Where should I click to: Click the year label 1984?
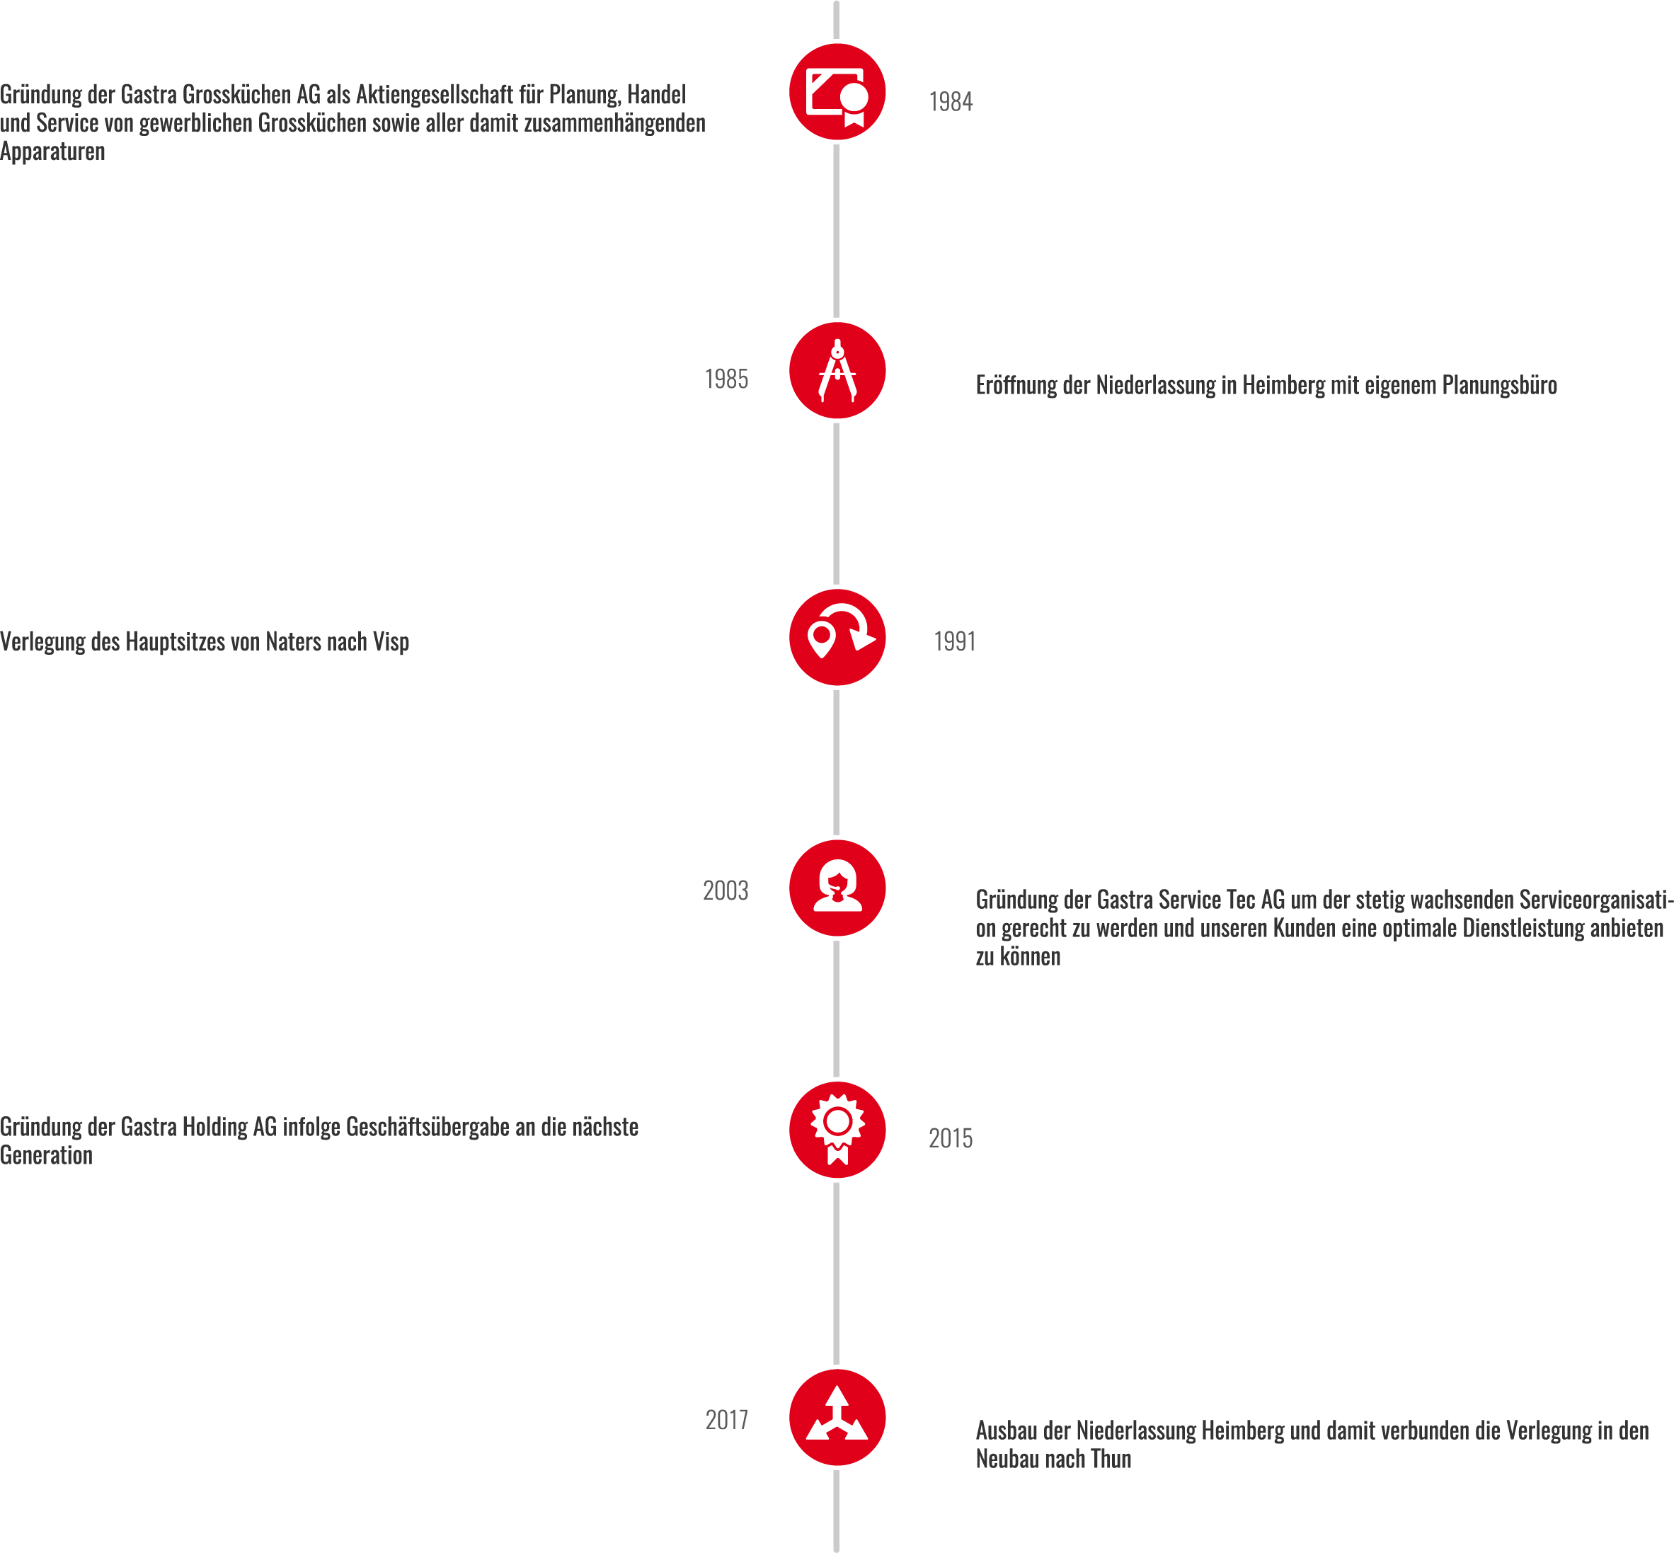point(951,102)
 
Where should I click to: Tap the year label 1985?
point(726,380)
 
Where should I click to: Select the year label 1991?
point(955,642)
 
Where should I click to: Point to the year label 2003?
point(726,890)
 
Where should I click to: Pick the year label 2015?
point(951,1139)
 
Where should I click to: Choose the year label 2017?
point(726,1420)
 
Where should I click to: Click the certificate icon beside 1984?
point(837,93)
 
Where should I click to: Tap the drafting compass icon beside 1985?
point(837,371)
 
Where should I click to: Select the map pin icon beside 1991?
point(837,638)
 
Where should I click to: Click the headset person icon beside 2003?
point(837,888)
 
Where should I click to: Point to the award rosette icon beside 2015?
point(837,1130)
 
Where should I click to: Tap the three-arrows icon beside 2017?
point(837,1419)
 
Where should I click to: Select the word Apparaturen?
point(53,152)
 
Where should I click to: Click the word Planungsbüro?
point(1499,386)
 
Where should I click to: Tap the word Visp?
point(391,642)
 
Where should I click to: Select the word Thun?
point(1111,1460)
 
